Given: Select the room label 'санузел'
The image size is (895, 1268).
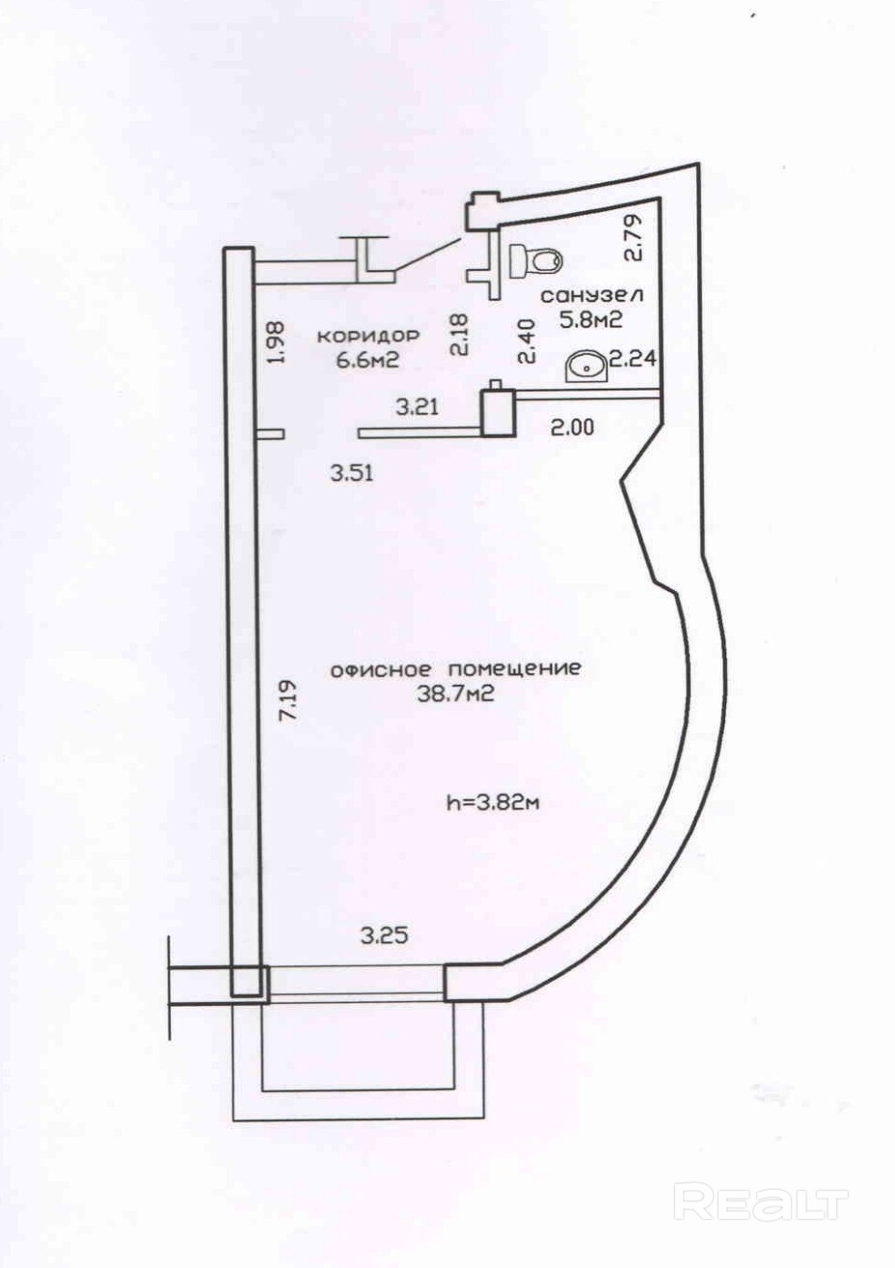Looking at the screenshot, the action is click(592, 294).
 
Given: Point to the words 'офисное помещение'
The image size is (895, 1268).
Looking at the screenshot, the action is click(455, 668).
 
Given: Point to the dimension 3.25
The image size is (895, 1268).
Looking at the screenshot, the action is click(383, 933).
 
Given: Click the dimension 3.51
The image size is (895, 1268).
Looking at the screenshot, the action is click(351, 472).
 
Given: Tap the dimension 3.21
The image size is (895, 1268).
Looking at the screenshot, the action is click(419, 407).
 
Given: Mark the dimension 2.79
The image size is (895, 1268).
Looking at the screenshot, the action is click(633, 238).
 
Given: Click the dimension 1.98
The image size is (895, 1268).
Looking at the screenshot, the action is click(278, 342).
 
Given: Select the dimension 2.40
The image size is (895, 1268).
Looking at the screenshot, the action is click(526, 342).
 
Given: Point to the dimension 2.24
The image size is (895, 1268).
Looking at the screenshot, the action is click(635, 360).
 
